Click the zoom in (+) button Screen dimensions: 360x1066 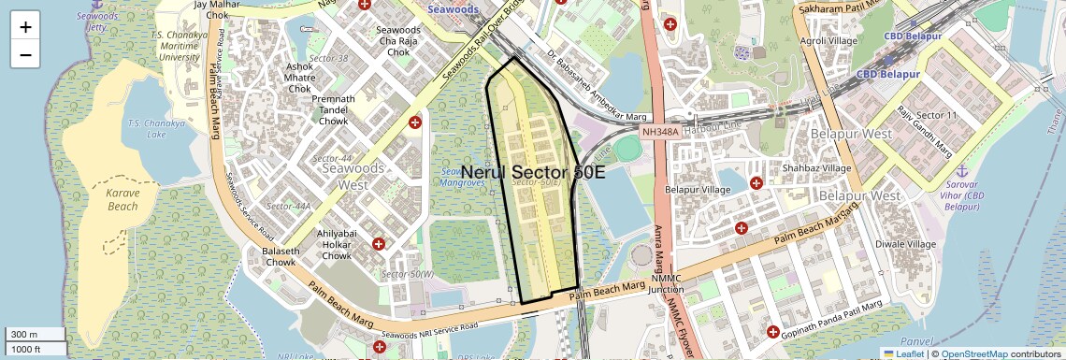pyautogui.click(x=25, y=27)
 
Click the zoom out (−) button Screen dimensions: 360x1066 pyautogui.click(x=25, y=54)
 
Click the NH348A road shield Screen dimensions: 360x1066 pyautogui.click(x=660, y=133)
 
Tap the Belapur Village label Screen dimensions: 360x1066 pyautogui.click(x=697, y=190)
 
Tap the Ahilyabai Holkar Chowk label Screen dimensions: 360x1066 pyautogui.click(x=334, y=244)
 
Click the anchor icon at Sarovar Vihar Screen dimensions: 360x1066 pyautogui.click(x=960, y=171)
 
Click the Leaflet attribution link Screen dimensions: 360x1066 pyautogui.click(x=903, y=353)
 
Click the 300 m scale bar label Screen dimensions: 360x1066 pyautogui.click(x=24, y=335)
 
